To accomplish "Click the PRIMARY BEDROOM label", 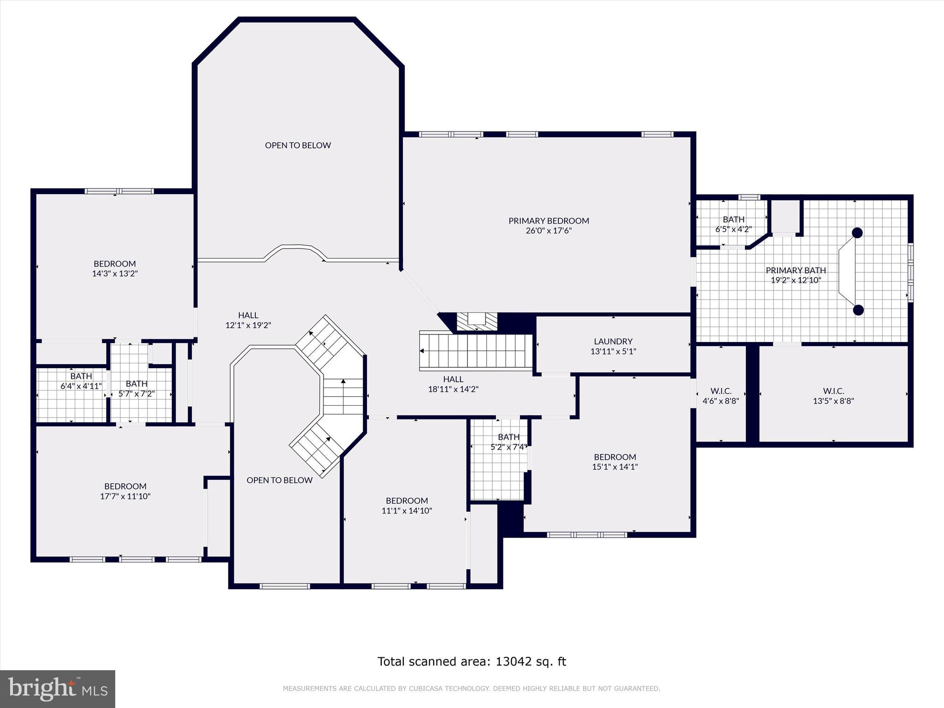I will pyautogui.click(x=549, y=221).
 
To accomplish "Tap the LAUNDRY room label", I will pyautogui.click(x=613, y=342).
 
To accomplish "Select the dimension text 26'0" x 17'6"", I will pyautogui.click(x=549, y=231).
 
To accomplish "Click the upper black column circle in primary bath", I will pyautogui.click(x=857, y=233).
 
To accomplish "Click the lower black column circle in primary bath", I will pyautogui.click(x=858, y=310).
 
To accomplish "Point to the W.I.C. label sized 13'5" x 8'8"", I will pyautogui.click(x=833, y=391).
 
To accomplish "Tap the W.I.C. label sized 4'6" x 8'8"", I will pyautogui.click(x=721, y=391).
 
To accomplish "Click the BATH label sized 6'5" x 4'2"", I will pyautogui.click(x=733, y=219).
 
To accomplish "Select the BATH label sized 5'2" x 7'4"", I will pyautogui.click(x=508, y=437).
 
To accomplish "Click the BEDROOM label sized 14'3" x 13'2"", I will pyautogui.click(x=115, y=264).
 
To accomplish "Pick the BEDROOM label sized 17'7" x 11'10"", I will pyautogui.click(x=125, y=486).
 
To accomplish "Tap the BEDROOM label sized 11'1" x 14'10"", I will pyautogui.click(x=407, y=501).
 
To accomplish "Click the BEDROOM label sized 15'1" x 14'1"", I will pyautogui.click(x=615, y=457).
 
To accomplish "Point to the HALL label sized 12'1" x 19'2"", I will pyautogui.click(x=248, y=315).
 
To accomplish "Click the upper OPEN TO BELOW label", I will pyautogui.click(x=298, y=145).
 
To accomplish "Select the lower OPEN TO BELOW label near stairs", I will pyautogui.click(x=279, y=480).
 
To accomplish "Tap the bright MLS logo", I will pyautogui.click(x=58, y=689).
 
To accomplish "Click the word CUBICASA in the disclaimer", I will pyautogui.click(x=428, y=689).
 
